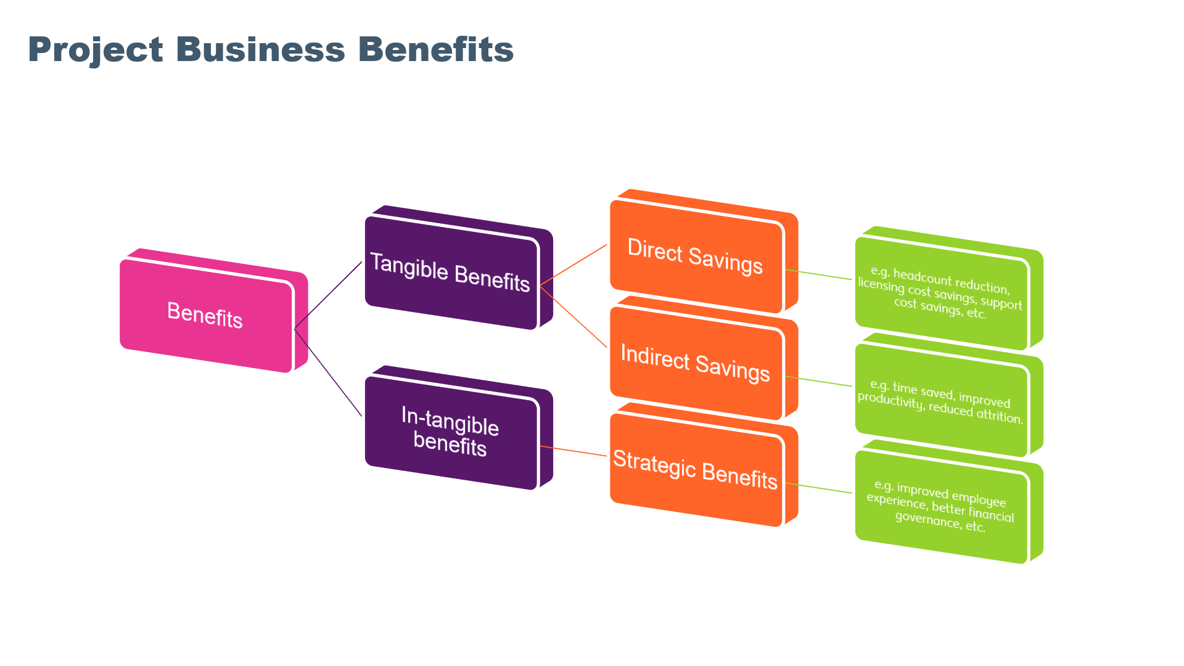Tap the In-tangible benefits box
[450, 432]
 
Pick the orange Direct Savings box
[695, 256]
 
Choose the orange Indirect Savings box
[695, 363]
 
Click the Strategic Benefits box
[695, 470]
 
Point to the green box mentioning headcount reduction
[940, 293]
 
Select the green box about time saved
[940, 401]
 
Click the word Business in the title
[260, 49]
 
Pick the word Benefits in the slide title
[435, 49]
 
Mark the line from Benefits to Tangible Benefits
[328, 295]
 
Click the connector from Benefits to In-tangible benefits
[328, 372]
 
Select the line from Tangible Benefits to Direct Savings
[573, 265]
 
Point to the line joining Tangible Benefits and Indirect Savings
[573, 316]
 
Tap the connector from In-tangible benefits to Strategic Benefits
[573, 451]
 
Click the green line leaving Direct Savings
[819, 274]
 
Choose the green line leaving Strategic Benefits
[819, 488]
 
